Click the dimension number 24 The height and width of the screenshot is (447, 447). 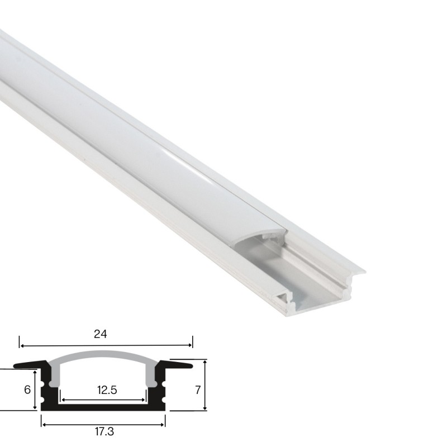(x=101, y=334)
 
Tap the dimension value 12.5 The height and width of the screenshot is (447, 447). (x=106, y=390)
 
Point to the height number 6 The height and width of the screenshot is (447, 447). (x=26, y=390)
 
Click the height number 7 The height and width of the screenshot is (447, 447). (x=197, y=390)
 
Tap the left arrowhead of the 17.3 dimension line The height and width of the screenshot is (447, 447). (x=44, y=422)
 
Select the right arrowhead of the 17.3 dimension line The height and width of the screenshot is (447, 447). (x=163, y=422)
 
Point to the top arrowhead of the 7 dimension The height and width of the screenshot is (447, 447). (x=206, y=363)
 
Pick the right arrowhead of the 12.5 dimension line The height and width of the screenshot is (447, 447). (x=144, y=400)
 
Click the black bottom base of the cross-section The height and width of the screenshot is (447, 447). (x=103, y=408)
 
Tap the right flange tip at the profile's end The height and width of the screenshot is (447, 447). (x=360, y=272)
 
